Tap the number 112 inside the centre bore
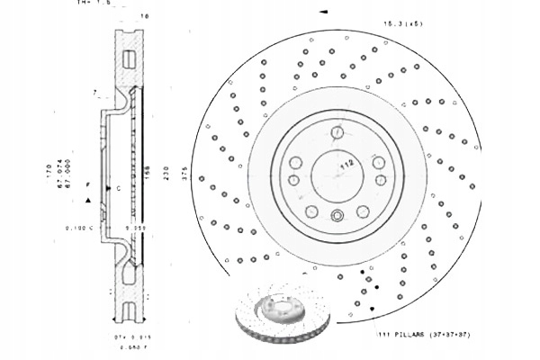coord(345,165)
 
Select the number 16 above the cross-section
coord(145,17)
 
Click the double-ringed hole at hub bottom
coord(337,214)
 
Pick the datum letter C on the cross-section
coord(119,187)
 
